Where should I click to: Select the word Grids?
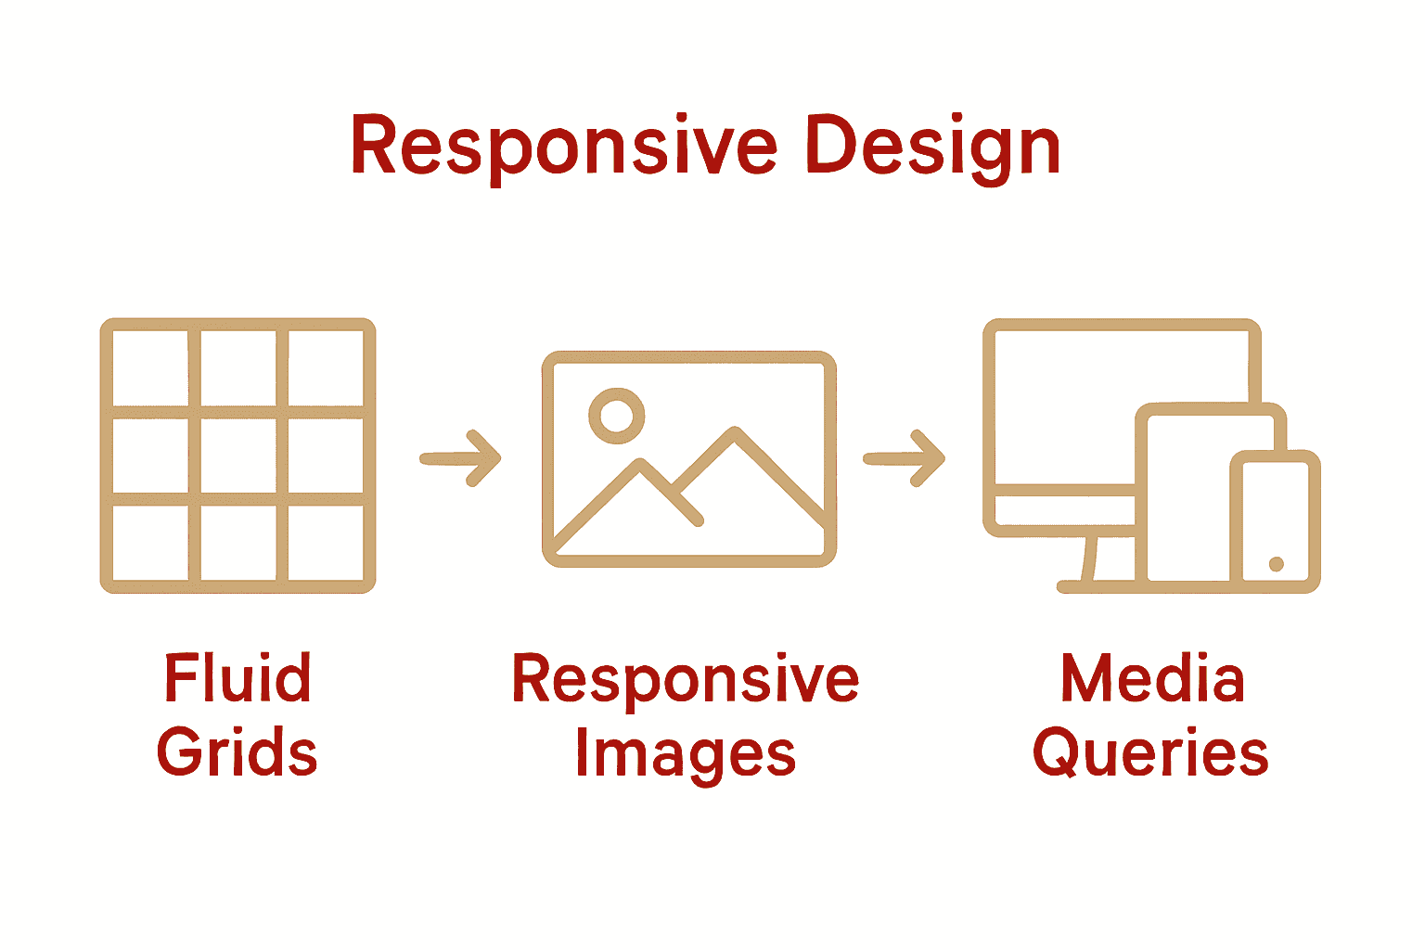tap(237, 751)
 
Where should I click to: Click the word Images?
tap(686, 753)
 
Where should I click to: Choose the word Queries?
tap(1150, 751)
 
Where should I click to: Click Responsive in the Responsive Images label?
tap(686, 679)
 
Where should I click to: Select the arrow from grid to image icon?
tap(461, 457)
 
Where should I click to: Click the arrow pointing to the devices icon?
tap(905, 457)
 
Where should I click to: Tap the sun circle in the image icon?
tap(616, 414)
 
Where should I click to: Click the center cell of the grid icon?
tap(238, 456)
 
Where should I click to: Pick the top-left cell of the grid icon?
tap(150, 367)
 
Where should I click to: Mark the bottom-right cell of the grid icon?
tap(325, 543)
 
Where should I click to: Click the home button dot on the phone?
tap(1276, 564)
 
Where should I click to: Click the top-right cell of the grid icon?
tap(325, 367)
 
